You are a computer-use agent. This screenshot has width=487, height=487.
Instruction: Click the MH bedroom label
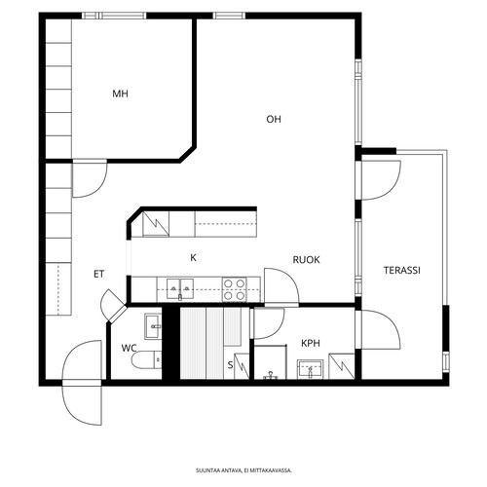click(120, 94)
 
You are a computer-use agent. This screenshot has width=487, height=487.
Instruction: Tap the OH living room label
click(274, 120)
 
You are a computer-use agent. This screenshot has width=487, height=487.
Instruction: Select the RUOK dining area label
click(306, 260)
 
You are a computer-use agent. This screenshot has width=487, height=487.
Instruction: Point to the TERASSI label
click(402, 270)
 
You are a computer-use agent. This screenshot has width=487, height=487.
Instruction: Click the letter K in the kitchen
click(193, 258)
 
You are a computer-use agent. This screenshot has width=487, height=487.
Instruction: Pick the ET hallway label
click(98, 275)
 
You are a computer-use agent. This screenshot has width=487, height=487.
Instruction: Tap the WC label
click(129, 349)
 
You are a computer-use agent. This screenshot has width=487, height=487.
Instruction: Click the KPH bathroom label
click(311, 343)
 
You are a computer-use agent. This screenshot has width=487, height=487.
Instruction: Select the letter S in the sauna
click(230, 365)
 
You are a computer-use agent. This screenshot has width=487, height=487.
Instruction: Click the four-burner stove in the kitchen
click(234, 289)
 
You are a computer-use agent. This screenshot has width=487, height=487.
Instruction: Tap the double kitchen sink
click(180, 288)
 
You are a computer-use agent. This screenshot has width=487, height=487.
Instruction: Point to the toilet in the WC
click(146, 359)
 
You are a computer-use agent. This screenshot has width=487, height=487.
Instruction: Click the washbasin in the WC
click(153, 326)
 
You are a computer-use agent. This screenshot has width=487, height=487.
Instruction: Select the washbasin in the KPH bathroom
click(310, 369)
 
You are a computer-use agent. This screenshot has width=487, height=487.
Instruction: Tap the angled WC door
click(113, 306)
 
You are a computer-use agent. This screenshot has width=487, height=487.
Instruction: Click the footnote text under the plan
click(243, 470)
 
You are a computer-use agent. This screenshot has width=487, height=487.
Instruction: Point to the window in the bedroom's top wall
click(114, 16)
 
